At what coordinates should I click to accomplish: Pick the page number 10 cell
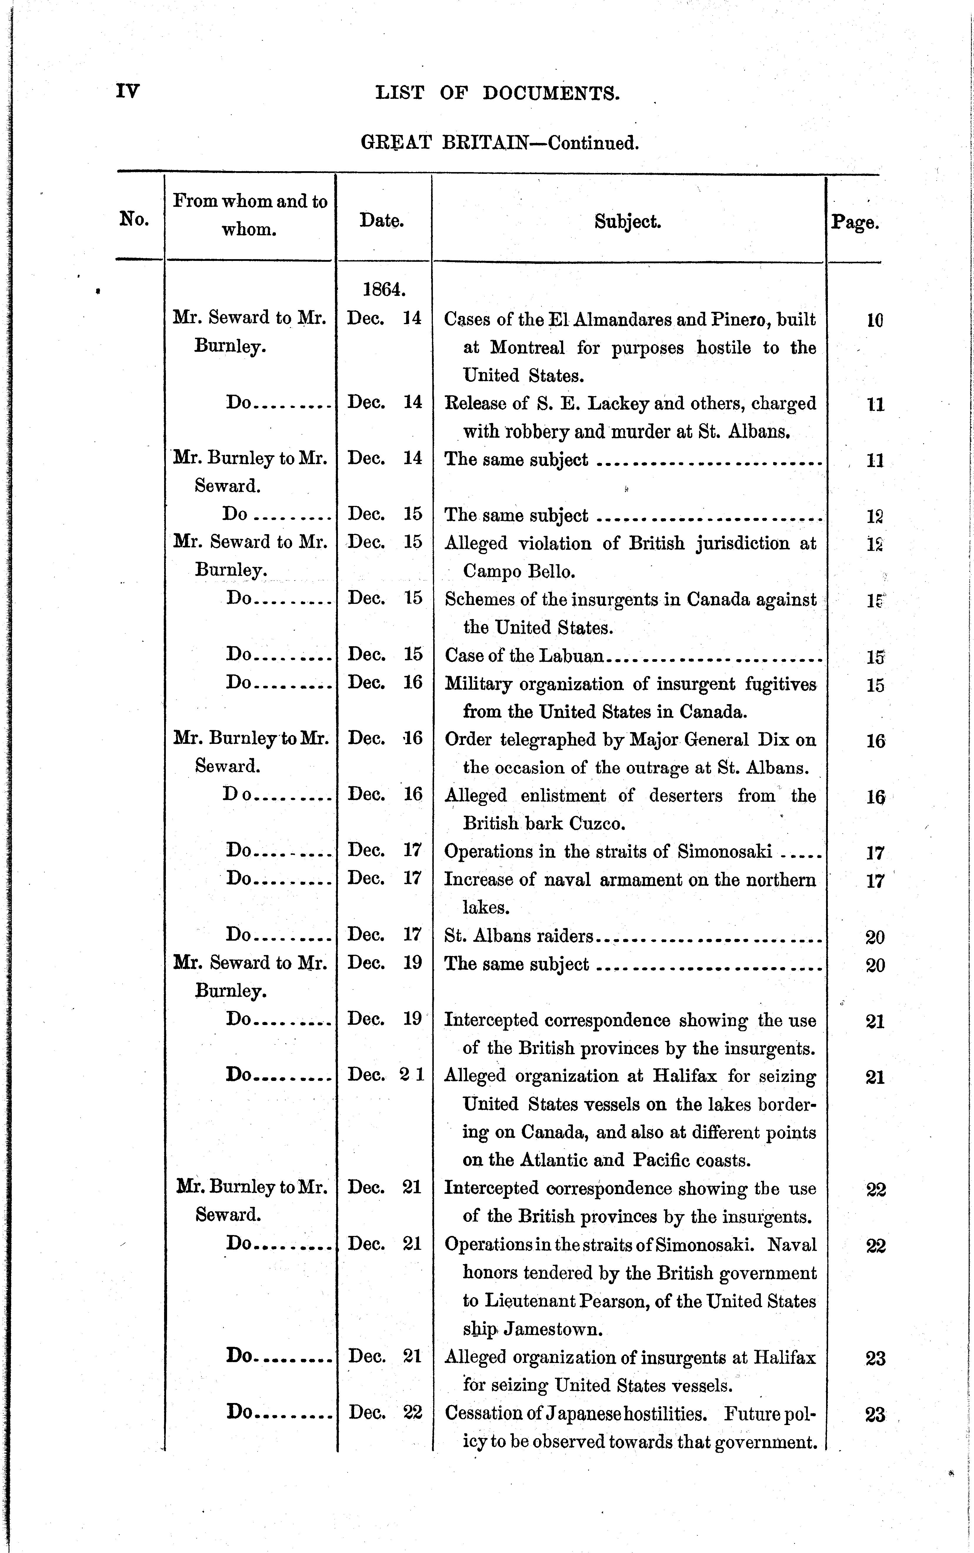point(874,320)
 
